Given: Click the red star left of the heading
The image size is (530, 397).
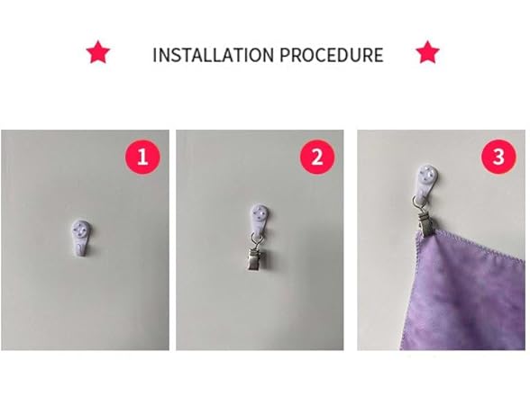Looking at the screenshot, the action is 98,52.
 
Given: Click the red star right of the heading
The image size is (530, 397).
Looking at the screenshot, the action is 427,52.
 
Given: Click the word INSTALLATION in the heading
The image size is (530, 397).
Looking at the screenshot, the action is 214,55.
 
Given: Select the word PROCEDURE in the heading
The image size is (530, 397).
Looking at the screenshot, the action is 332,55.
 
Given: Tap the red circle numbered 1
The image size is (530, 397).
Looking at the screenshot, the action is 142,157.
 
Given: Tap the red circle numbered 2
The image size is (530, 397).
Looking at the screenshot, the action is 317,157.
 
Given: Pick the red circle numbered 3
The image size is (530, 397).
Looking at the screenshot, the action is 498,157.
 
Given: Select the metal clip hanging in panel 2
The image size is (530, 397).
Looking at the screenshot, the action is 256,259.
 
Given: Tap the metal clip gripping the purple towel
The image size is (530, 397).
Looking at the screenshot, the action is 426,221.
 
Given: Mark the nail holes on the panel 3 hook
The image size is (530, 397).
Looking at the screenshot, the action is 426,175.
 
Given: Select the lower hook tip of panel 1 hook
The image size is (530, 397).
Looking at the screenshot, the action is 80,250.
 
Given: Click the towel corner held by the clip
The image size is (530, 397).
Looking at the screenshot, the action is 420,235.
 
